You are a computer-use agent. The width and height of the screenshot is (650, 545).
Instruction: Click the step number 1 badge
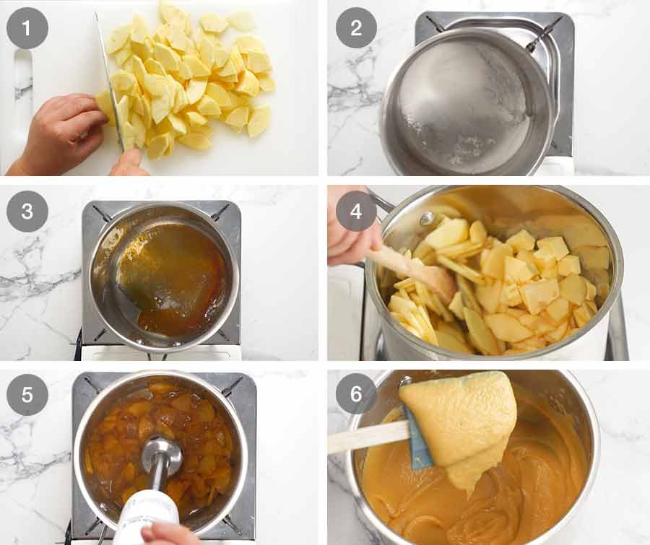27,28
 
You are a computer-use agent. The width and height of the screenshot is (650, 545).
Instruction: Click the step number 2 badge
356,28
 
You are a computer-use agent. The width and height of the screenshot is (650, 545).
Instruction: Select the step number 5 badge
27,395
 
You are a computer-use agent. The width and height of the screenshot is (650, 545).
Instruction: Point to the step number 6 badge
356,395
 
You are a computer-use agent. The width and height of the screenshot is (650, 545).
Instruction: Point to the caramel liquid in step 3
173,278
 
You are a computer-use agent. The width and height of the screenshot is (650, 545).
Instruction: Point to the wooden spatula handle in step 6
365,437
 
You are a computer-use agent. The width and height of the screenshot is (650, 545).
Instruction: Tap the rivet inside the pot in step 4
428,219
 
